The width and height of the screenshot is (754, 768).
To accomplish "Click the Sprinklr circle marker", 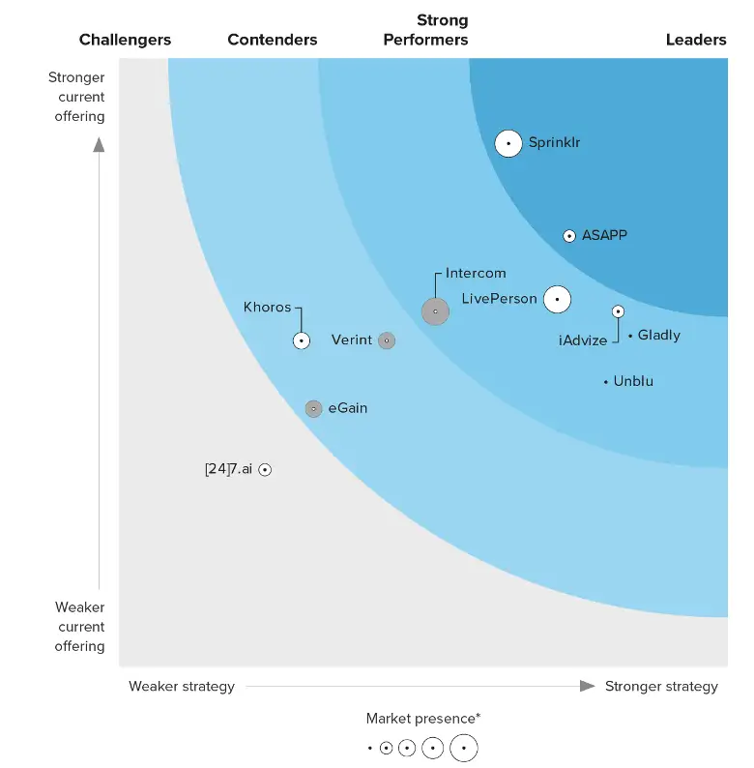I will [x=508, y=143].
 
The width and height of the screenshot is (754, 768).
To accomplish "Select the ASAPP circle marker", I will [x=569, y=236].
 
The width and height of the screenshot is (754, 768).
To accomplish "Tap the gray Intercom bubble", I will [x=435, y=311].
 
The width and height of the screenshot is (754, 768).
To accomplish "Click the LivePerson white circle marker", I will [x=557, y=300].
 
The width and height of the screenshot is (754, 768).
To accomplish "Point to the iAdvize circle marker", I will [x=618, y=311].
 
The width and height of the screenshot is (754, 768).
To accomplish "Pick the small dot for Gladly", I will [x=630, y=336].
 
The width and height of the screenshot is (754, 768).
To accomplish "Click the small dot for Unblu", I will [x=606, y=382].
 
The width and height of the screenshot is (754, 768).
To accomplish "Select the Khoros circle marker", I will [x=302, y=340].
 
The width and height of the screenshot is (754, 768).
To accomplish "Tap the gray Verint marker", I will [x=387, y=340].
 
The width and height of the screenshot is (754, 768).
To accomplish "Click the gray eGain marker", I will [x=313, y=409].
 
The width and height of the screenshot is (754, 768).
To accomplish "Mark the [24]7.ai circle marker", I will [x=265, y=470].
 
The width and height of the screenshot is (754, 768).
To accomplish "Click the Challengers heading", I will [x=125, y=40].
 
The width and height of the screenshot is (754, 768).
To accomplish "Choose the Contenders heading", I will [x=273, y=40].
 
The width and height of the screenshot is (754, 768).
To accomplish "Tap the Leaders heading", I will [x=696, y=40].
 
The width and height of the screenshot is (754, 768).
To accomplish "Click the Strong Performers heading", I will [x=426, y=30].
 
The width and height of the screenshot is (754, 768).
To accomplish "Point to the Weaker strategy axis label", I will [x=182, y=687].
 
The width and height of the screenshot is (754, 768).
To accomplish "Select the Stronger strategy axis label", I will [x=661, y=687].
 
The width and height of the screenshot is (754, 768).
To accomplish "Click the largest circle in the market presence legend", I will [x=464, y=748].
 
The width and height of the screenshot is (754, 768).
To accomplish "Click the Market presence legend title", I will [x=423, y=719].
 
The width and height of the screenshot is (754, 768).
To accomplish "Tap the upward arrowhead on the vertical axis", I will [x=99, y=145].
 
